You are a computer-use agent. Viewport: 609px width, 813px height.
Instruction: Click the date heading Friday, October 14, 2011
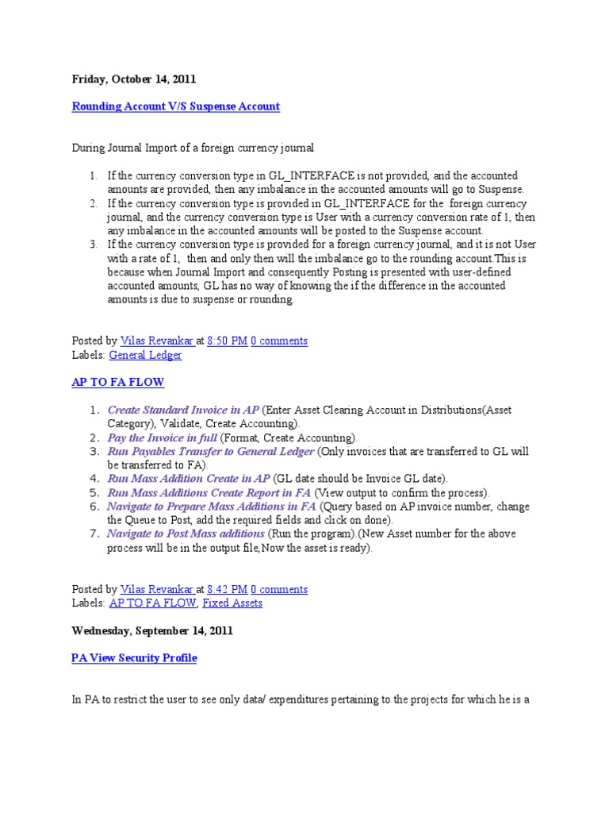[x=133, y=79]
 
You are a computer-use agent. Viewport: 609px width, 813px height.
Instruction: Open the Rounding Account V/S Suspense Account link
[x=175, y=106]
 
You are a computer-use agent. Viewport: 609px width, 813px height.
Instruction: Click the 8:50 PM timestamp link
[x=227, y=341]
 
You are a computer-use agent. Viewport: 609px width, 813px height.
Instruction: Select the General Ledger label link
[x=145, y=355]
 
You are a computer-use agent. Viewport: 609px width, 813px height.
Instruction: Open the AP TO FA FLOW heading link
[x=117, y=382]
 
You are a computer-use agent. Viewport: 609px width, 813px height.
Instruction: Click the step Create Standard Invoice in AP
[x=182, y=410]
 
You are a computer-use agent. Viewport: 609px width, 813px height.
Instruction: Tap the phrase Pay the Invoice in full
[x=162, y=437]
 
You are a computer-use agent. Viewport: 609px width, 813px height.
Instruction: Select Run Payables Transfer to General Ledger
[x=210, y=451]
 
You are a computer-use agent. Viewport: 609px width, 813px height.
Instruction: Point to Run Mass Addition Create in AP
[x=189, y=479]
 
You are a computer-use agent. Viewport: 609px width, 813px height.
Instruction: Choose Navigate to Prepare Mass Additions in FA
[x=212, y=506]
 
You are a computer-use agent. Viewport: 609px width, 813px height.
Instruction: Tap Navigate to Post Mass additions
[x=186, y=534]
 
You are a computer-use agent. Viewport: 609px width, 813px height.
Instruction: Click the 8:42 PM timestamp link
[x=227, y=589]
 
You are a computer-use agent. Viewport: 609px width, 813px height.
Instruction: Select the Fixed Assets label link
[x=232, y=603]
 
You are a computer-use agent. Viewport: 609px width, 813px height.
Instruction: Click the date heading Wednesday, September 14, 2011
[x=152, y=630]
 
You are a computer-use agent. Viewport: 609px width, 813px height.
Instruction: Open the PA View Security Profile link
[x=133, y=658]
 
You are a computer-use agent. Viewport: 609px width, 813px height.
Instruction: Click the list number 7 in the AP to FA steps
[x=94, y=534]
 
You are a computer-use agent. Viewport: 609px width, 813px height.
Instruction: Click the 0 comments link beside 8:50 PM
[x=279, y=341]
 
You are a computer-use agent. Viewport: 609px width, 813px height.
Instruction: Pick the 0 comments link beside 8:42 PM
[x=279, y=589]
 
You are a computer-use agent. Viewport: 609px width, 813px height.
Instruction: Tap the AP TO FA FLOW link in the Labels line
[x=152, y=603]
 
